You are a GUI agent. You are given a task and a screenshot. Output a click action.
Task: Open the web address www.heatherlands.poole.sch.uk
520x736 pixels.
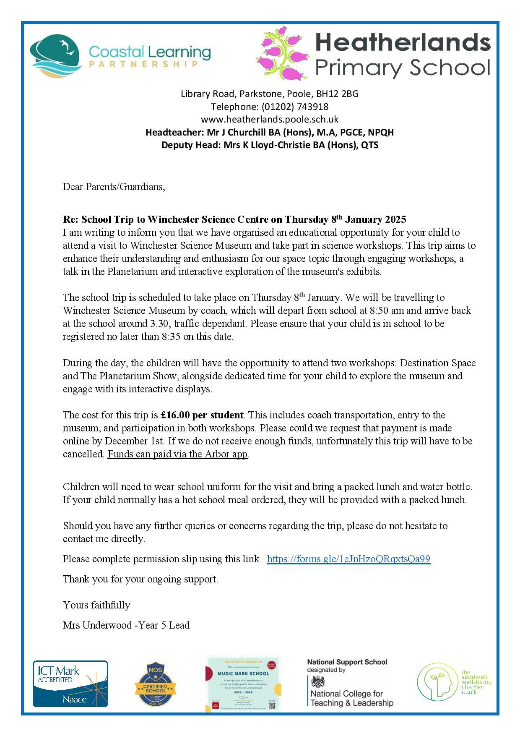point(270,119)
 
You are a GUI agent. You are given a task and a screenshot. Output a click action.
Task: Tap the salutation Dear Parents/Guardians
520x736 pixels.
point(114,187)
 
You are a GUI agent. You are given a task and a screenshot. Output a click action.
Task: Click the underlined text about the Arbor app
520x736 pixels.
point(178,454)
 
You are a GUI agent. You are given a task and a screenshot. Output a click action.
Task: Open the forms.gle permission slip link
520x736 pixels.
point(348,559)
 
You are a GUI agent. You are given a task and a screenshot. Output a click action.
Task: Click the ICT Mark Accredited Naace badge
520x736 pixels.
point(70,684)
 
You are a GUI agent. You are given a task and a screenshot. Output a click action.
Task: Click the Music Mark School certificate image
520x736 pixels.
point(243,684)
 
